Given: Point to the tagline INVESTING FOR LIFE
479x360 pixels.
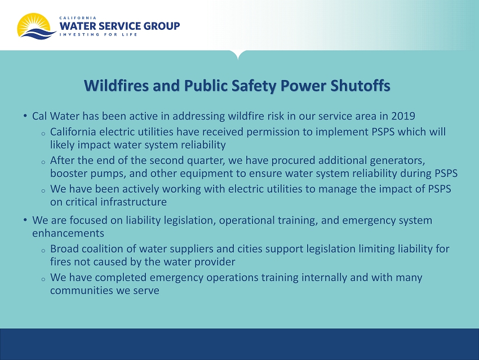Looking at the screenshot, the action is click(x=98, y=34).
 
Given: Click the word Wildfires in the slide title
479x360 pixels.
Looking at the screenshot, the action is click(x=117, y=86).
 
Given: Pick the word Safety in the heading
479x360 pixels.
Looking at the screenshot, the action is click(x=254, y=86).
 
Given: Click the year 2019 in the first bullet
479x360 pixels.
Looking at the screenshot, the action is click(x=403, y=116).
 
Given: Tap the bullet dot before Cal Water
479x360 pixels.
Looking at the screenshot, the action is click(x=25, y=116).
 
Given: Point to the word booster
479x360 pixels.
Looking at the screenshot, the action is click(x=68, y=174).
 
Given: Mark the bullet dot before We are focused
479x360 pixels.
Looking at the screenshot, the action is click(x=25, y=220).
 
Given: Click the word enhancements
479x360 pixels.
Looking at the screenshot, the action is click(x=68, y=233).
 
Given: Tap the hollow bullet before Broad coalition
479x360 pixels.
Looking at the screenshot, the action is click(x=43, y=251).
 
